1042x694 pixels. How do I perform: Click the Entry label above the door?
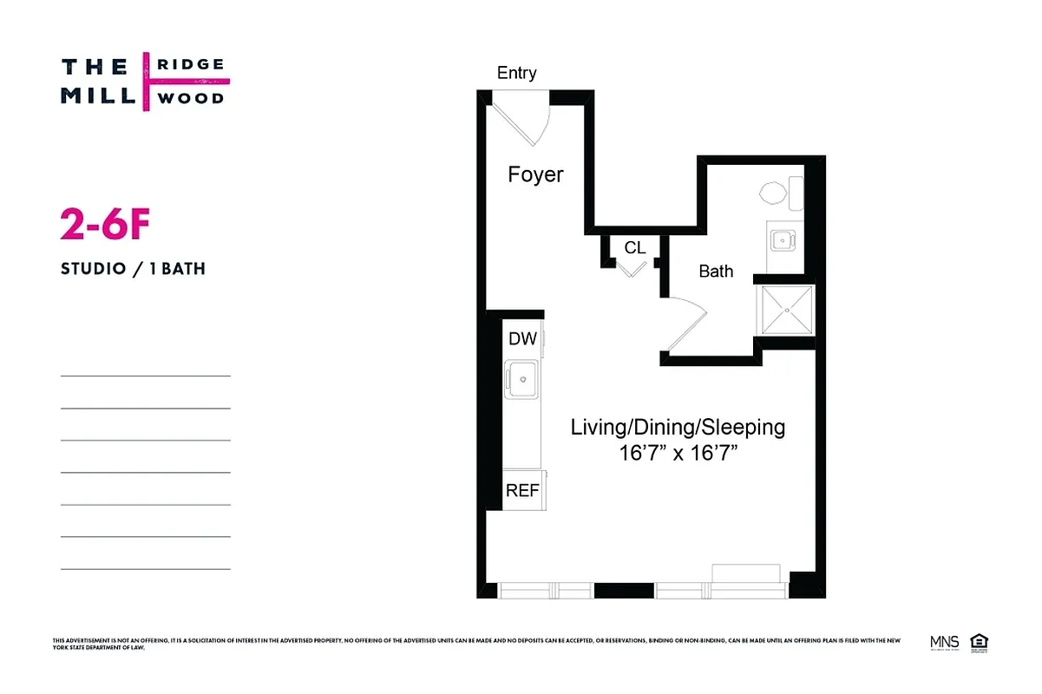516,74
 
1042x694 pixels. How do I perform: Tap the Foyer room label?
535,175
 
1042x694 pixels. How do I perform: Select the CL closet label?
634,248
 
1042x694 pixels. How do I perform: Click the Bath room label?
716,272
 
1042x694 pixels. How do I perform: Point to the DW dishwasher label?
522,339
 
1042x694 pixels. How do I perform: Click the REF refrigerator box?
522,491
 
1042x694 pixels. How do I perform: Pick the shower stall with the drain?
786,309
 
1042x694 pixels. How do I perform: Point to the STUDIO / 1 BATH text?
133,269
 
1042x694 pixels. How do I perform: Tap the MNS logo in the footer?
944,643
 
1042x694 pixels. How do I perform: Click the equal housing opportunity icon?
980,643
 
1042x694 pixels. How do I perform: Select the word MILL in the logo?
96,95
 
